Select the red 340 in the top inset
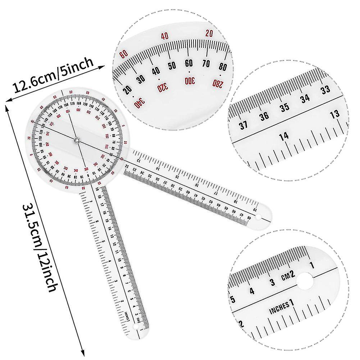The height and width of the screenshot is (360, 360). tap(139, 102)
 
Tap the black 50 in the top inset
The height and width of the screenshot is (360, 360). tap(172, 66)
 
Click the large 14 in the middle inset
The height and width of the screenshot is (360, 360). tap(284, 136)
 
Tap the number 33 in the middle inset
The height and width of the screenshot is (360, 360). tap(325, 90)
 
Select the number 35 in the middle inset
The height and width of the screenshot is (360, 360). tap(285, 107)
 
